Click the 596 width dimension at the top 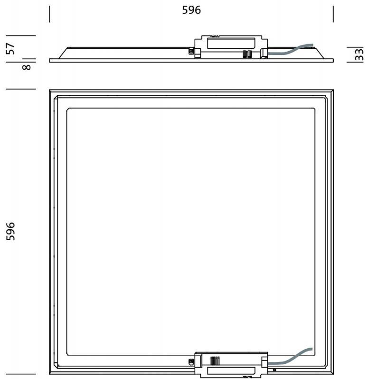[191, 10]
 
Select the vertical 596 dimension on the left [10, 231]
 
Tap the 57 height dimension [10, 49]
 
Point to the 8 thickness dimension [27, 67]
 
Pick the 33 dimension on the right [359, 54]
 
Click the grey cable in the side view [290, 50]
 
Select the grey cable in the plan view [290, 357]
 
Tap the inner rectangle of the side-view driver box [231, 43]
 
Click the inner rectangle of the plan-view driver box [231, 370]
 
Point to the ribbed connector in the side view [247, 54]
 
